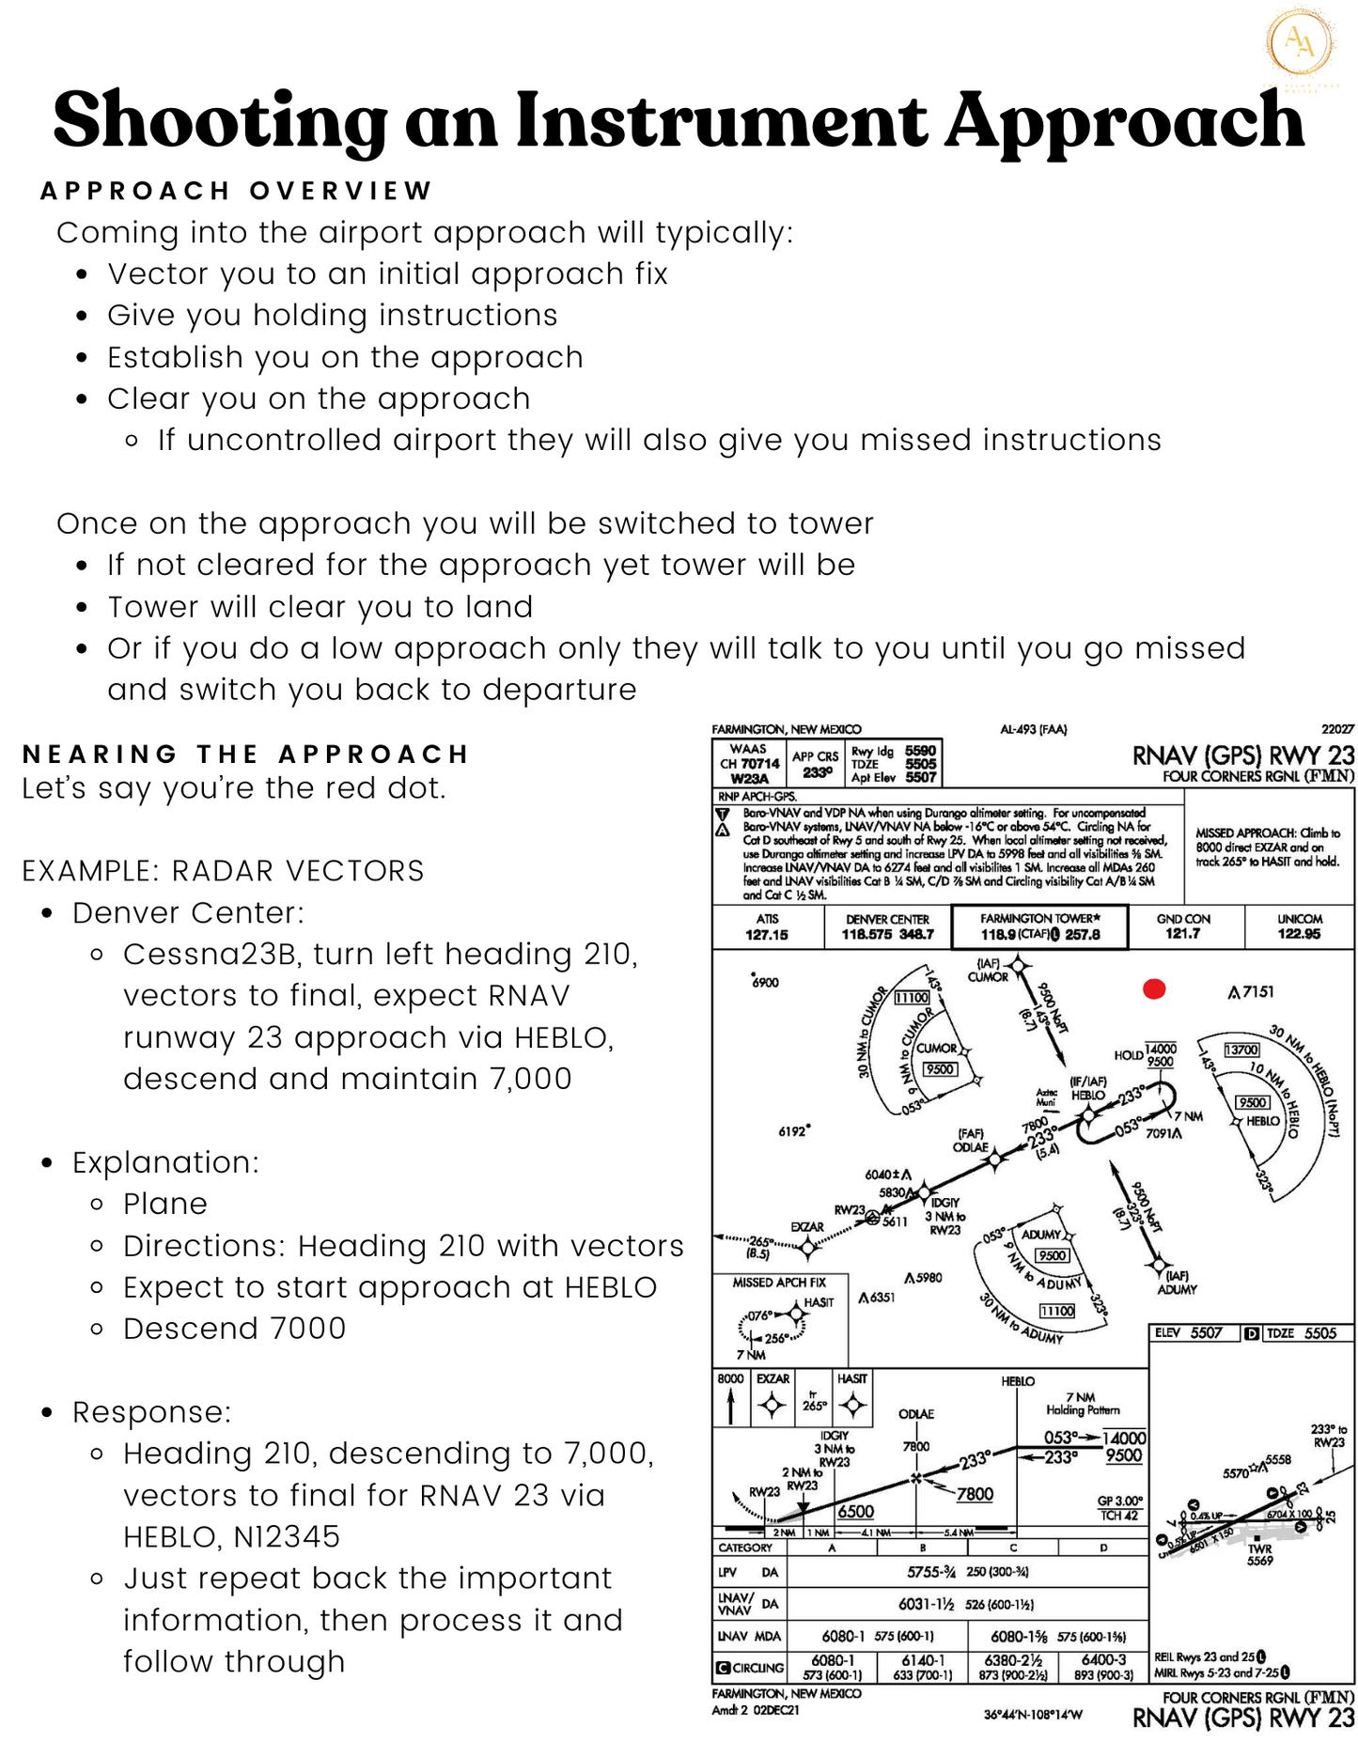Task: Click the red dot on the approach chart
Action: (1154, 988)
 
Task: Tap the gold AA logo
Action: (1300, 41)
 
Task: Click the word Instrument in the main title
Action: (721, 120)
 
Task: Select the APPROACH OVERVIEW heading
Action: (236, 191)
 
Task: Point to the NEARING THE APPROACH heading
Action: (245, 755)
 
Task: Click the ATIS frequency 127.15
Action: (767, 935)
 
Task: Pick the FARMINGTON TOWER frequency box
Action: (1039, 927)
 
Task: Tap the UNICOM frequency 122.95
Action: (1299, 934)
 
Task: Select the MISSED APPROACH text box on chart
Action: (1268, 847)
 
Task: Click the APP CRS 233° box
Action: (816, 764)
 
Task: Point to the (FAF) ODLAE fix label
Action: (971, 1141)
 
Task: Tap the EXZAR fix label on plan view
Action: (806, 1227)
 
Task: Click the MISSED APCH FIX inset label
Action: (779, 1283)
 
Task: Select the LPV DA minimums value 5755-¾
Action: (930, 1572)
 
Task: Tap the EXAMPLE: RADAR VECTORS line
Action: (223, 871)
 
